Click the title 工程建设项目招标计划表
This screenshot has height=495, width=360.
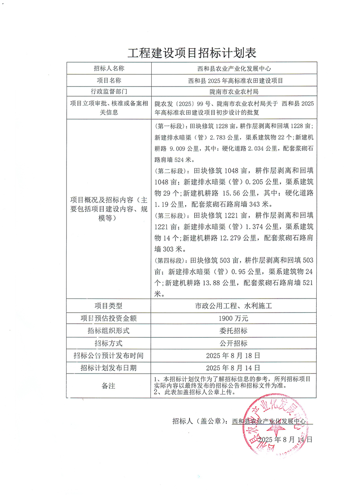(192, 53)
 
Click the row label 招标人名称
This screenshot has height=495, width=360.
(109, 68)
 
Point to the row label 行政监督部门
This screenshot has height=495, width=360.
(109, 92)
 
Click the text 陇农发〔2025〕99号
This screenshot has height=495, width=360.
(181, 104)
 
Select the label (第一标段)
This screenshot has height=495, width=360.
(167, 127)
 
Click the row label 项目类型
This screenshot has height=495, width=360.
(109, 306)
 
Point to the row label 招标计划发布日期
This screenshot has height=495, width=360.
(109, 367)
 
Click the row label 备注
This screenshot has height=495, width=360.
(108, 385)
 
